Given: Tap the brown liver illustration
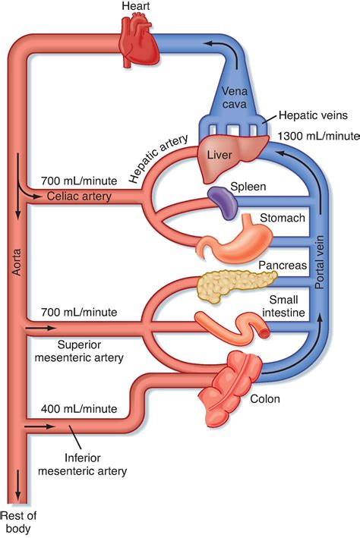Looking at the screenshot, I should pos(227,157).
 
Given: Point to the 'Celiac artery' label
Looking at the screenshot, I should pos(74,197).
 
